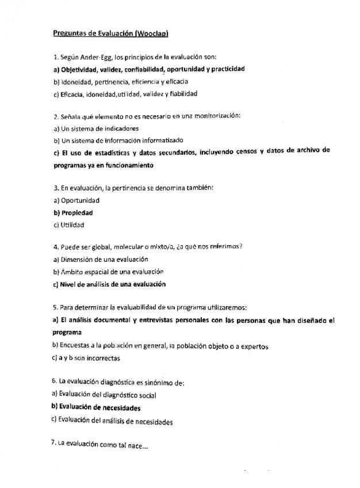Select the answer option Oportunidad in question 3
click(80, 200)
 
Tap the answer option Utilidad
click(72, 224)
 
